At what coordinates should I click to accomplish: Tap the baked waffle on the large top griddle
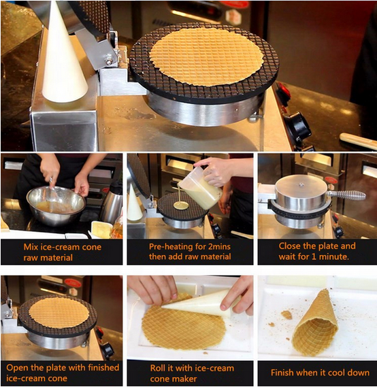pyautogui.click(x=206, y=56)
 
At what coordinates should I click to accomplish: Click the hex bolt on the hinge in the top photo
pyautogui.click(x=109, y=60)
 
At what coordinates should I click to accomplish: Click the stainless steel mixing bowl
pyautogui.click(x=56, y=205)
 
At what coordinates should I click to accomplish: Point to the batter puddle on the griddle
pyautogui.click(x=181, y=205)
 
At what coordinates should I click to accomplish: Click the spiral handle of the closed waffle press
pyautogui.click(x=346, y=195)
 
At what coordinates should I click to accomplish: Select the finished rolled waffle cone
pyautogui.click(x=316, y=322)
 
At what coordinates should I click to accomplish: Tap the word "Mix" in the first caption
pyautogui.click(x=31, y=247)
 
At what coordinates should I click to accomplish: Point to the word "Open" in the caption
pyautogui.click(x=16, y=368)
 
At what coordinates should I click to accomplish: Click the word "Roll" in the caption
pyautogui.click(x=158, y=368)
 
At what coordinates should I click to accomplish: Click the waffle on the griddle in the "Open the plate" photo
pyautogui.click(x=59, y=312)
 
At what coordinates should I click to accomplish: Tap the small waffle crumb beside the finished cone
pyautogui.click(x=286, y=315)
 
